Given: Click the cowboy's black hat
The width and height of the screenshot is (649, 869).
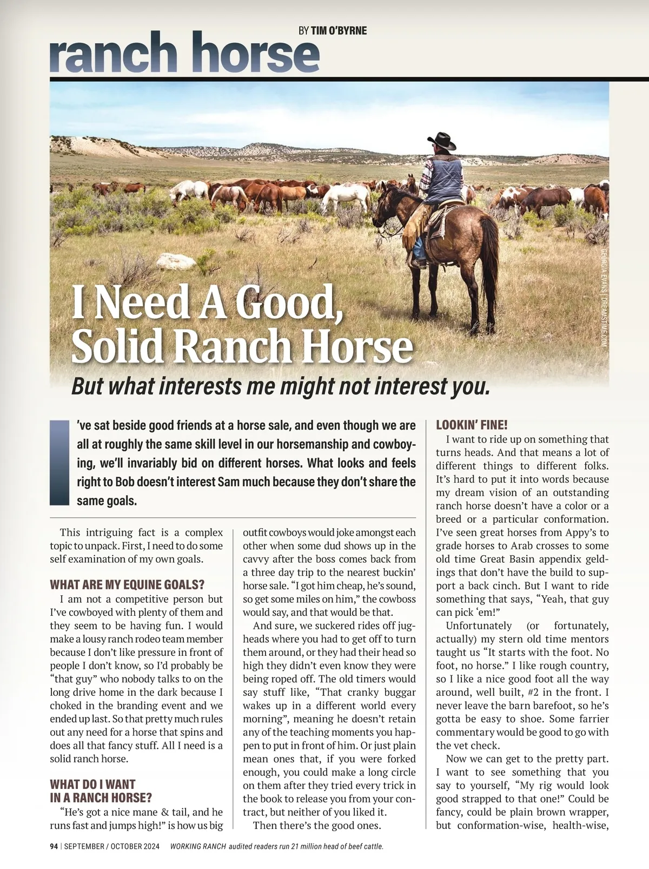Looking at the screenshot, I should (x=441, y=141).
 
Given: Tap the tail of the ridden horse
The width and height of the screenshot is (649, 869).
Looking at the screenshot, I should (x=490, y=249).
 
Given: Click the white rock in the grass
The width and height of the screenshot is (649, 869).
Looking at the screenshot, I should (x=176, y=261).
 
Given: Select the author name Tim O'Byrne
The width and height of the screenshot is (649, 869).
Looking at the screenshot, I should (x=339, y=31).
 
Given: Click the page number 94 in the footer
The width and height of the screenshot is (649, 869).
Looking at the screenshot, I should (x=54, y=846).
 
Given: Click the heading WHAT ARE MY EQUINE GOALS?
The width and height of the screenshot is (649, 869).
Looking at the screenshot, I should (x=127, y=585).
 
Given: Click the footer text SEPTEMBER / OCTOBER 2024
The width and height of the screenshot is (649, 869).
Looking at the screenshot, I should (x=112, y=846).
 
